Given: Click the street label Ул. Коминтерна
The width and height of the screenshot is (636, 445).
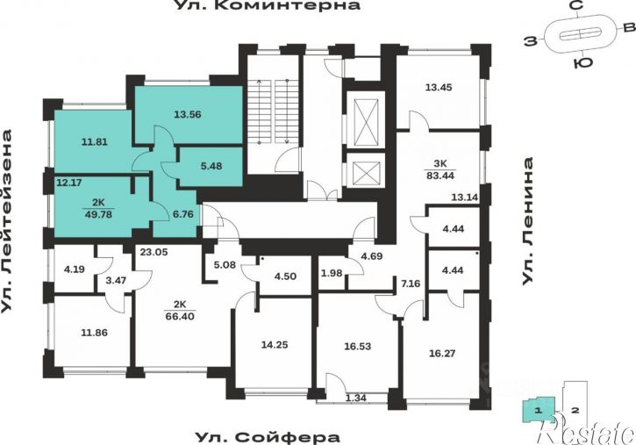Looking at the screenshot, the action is click(x=268, y=5).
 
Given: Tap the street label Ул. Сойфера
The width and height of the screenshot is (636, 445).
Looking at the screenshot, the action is click(x=268, y=438).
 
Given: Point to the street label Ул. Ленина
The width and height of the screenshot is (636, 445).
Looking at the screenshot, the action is click(x=526, y=221).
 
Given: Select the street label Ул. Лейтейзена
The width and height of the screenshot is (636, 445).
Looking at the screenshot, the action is click(x=6, y=221).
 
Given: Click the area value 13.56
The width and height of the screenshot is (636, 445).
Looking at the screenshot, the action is click(x=188, y=114).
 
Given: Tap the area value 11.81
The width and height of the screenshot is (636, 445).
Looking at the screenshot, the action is click(x=95, y=142).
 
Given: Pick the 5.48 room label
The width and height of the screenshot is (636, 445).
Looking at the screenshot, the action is click(x=211, y=166).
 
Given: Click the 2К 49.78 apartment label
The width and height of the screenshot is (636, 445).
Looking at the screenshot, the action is click(x=98, y=209).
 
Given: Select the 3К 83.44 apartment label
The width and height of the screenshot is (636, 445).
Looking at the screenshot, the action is click(x=440, y=170).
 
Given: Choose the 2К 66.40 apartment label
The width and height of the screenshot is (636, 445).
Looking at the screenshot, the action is click(x=180, y=311).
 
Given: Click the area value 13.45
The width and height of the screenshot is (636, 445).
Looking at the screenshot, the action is click(x=439, y=87).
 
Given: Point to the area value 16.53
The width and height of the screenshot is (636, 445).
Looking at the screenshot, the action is click(x=357, y=347).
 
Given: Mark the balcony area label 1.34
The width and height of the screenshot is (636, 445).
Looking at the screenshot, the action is click(x=356, y=398).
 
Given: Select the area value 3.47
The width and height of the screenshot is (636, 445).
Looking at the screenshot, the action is click(x=117, y=280).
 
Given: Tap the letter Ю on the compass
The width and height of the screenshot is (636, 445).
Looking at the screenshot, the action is click(x=582, y=63).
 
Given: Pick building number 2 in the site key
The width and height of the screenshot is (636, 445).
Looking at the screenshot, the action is click(x=575, y=411).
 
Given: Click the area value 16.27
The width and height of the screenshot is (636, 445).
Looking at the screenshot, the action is click(x=442, y=354).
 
